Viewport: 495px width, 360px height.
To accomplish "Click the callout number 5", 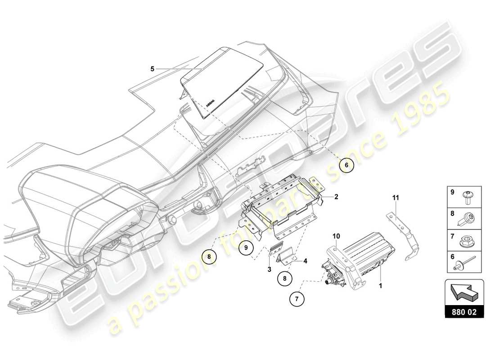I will (152, 69).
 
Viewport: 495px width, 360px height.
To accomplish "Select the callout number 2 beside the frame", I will (336, 197).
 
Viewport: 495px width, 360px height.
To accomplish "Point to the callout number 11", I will (396, 197).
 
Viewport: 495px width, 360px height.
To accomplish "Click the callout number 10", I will (337, 236).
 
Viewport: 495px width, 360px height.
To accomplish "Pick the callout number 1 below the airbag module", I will (381, 285).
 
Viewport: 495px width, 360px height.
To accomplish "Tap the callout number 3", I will (269, 269).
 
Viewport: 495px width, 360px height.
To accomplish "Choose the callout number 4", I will (305, 261).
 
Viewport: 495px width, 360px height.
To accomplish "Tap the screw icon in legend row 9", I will (466, 195).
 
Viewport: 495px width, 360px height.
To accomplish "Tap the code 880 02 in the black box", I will (464, 311).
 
